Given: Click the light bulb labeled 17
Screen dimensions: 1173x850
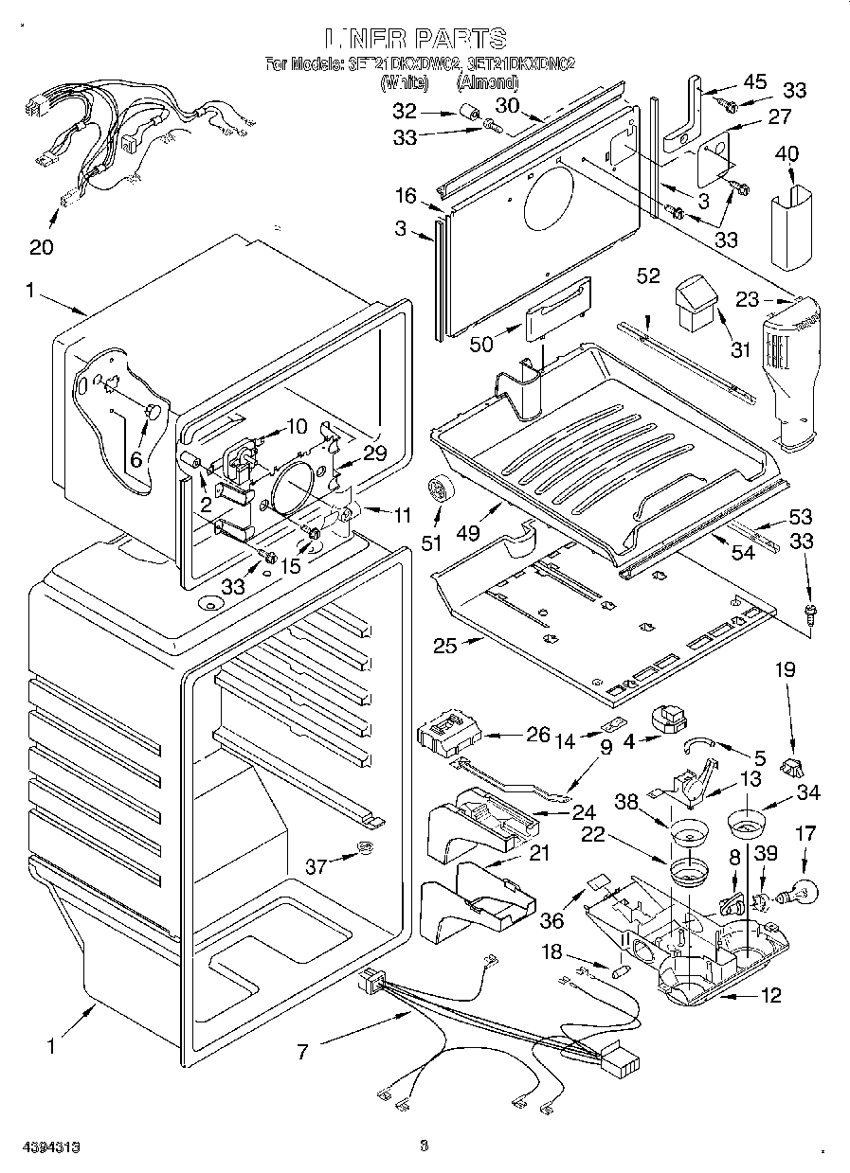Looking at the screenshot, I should tap(798, 891).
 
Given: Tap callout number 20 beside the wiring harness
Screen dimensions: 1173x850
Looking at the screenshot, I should tap(41, 248).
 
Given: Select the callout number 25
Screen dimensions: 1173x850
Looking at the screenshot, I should tap(445, 647).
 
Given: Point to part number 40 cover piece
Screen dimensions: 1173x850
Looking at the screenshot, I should tap(790, 225).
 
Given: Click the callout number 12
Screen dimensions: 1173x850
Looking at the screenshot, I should tap(771, 995).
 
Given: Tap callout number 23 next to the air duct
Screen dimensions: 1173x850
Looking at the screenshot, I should tap(748, 300).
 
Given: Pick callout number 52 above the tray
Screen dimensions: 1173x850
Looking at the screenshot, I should tap(648, 275).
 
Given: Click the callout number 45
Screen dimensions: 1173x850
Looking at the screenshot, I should tap(754, 82).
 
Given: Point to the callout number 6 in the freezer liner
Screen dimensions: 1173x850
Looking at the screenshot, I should tap(136, 459).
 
